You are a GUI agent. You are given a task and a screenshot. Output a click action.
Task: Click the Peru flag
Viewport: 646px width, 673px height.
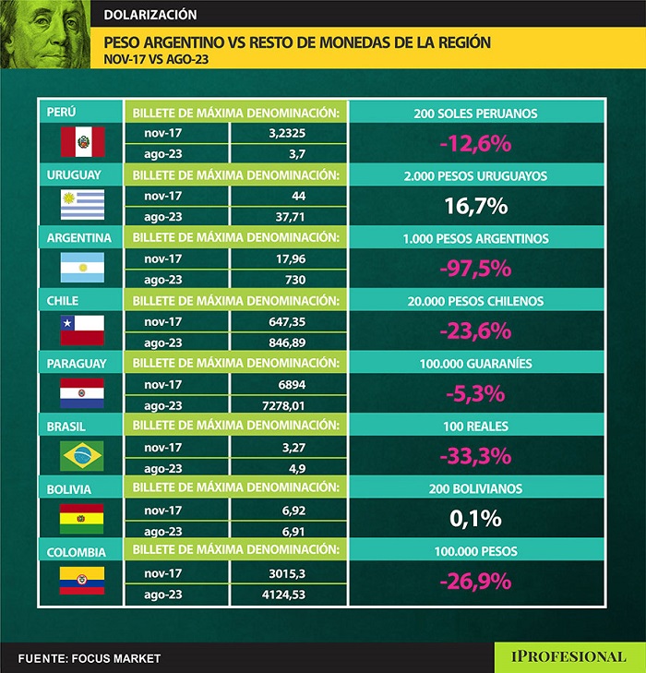click(x=82, y=141)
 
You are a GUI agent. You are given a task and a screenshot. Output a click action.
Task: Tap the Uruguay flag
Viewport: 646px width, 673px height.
click(x=82, y=205)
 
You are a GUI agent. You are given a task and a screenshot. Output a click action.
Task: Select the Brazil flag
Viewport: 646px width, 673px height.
click(x=82, y=456)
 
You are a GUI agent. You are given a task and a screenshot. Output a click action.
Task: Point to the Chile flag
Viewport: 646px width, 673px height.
click(x=82, y=330)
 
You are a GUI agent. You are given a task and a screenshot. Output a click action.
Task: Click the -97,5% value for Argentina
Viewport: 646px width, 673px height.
click(x=475, y=269)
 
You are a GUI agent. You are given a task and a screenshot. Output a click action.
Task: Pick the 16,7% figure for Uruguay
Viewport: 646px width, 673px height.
click(x=475, y=206)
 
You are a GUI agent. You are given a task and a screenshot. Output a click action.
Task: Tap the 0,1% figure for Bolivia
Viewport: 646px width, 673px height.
click(x=475, y=519)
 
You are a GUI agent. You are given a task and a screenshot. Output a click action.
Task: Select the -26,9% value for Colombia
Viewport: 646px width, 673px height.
click(x=475, y=582)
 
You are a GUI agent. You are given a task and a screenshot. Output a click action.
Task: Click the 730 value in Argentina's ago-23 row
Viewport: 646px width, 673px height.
click(x=294, y=280)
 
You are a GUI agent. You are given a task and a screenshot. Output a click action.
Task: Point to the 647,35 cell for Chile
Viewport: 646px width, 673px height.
click(x=287, y=322)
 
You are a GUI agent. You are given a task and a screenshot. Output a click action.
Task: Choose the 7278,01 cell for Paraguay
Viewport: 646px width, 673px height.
click(x=283, y=405)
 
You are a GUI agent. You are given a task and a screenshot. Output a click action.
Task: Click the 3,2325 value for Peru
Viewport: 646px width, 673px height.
click(x=287, y=133)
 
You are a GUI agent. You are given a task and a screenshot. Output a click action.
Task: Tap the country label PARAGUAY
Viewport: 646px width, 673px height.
click(x=77, y=364)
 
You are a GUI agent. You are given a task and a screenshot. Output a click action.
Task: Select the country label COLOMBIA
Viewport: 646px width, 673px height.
click(x=77, y=552)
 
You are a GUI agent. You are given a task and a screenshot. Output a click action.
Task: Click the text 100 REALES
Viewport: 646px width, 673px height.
click(x=475, y=427)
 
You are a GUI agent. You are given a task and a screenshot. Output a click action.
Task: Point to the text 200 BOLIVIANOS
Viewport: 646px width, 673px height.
click(x=475, y=489)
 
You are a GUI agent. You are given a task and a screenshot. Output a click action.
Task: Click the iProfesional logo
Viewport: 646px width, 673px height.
click(x=568, y=656)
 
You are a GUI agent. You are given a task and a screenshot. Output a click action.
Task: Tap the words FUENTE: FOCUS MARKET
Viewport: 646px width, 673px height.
click(x=90, y=658)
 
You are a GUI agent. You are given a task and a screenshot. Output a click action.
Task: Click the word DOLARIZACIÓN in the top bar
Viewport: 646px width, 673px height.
click(x=150, y=15)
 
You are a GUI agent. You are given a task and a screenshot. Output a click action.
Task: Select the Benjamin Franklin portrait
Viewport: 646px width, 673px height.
click(x=45, y=34)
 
